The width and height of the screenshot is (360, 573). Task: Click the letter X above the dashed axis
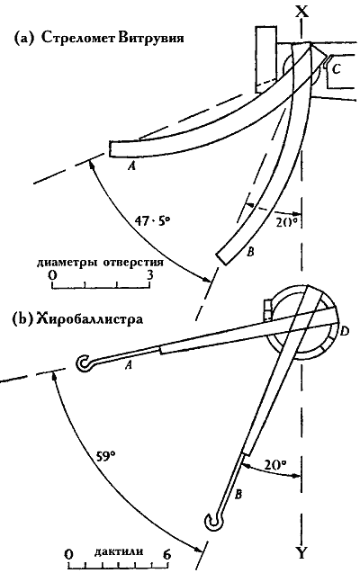click(x=301, y=12)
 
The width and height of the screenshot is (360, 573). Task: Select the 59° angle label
click(x=106, y=456)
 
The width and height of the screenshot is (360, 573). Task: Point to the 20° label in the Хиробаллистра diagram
click(x=275, y=465)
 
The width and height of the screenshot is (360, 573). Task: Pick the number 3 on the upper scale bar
click(x=150, y=274)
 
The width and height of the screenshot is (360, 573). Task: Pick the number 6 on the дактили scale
click(x=166, y=555)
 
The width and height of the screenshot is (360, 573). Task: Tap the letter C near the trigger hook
click(x=337, y=68)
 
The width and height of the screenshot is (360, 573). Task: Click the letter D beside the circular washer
click(x=344, y=332)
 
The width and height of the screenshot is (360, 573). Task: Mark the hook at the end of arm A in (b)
click(x=85, y=363)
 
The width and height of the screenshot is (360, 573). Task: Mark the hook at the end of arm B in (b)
click(x=211, y=521)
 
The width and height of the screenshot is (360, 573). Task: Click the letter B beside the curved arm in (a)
click(x=250, y=252)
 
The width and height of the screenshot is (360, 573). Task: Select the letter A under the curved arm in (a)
click(x=131, y=166)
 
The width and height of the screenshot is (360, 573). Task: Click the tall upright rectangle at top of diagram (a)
click(x=266, y=59)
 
